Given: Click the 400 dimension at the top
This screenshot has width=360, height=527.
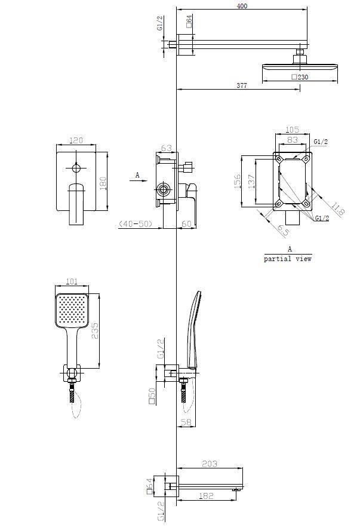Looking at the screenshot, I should coord(241,6).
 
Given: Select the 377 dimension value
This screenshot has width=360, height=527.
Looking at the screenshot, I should coord(241,85).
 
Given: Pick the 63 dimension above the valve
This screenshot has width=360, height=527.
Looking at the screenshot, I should coord(167,148).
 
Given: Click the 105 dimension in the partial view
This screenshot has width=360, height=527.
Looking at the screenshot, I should coord(293,130).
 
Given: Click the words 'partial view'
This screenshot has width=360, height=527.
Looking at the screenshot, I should coord(288,259).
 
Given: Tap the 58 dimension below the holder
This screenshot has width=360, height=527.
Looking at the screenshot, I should coord(186,422).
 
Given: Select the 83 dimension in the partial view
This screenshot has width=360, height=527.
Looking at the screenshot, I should coord(292,139).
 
